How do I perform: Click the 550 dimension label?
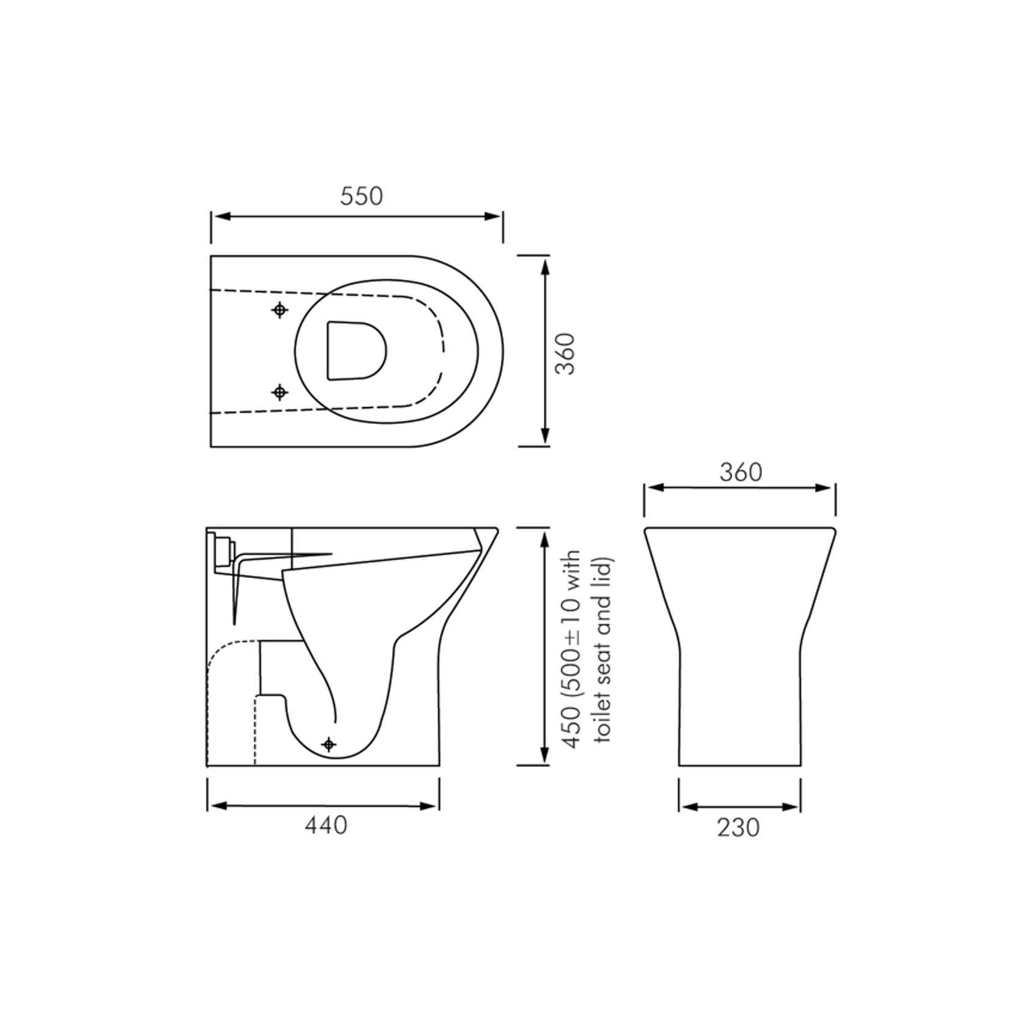[x=361, y=196]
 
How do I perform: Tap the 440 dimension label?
[x=326, y=825]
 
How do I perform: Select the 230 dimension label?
[x=738, y=828]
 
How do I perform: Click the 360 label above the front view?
[x=741, y=472]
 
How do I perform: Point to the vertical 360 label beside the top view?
[x=566, y=353]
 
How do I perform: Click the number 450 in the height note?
[x=571, y=727]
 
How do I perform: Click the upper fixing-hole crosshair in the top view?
[x=280, y=310]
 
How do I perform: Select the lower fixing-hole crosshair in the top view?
[x=280, y=392]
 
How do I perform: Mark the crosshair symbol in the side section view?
[x=329, y=744]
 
